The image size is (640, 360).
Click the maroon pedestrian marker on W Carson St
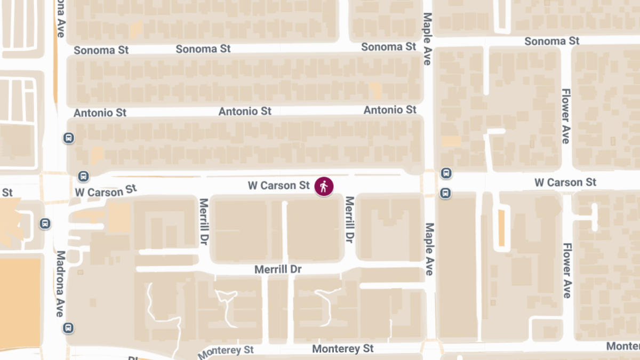point(324,186)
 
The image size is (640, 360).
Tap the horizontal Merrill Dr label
point(278,269)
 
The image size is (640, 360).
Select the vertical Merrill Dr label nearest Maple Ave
point(350,220)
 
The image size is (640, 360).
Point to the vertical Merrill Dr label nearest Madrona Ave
point(203,222)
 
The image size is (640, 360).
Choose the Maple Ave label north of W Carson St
point(427,39)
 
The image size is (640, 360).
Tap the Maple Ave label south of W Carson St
point(429,249)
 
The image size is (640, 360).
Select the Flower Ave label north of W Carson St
point(565,116)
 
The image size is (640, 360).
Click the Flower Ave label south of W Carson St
point(567,270)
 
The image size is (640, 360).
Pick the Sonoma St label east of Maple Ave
point(551,41)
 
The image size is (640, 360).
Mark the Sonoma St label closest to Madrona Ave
point(101,50)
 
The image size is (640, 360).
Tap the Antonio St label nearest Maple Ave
point(390,110)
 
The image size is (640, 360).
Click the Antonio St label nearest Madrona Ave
point(100,113)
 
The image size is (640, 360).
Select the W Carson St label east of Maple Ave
point(565,182)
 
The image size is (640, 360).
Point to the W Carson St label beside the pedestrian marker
point(278,186)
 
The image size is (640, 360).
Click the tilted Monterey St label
point(226,352)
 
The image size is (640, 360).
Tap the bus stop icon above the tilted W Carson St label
point(83,176)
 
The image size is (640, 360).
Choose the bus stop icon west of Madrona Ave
point(45,223)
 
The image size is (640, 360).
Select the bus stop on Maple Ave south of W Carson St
point(445,193)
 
